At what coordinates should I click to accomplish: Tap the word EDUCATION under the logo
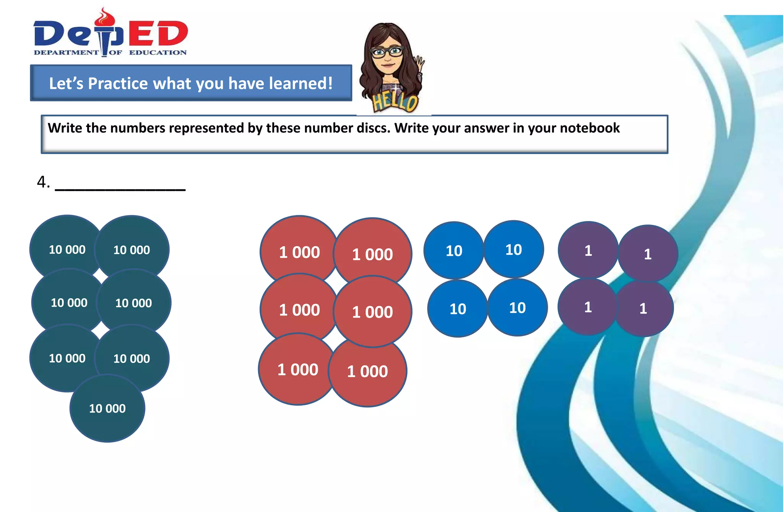click(158, 52)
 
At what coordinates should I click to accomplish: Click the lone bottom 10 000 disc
click(107, 408)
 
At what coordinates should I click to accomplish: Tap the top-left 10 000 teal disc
click(67, 249)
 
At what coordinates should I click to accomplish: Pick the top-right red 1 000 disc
click(372, 254)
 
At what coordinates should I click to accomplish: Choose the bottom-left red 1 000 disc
click(297, 369)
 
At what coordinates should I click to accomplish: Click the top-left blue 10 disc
click(454, 251)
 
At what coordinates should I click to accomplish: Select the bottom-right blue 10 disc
click(517, 308)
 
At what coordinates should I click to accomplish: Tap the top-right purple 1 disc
click(648, 254)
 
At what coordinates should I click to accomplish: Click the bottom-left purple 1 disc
click(588, 307)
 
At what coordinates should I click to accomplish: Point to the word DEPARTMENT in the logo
click(66, 52)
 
